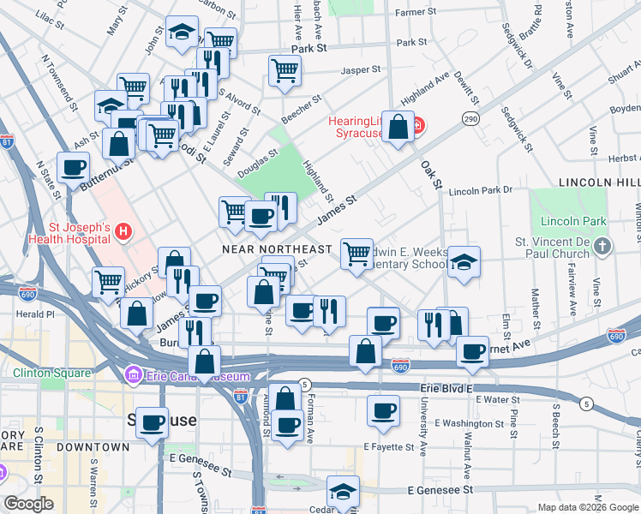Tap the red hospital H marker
124,231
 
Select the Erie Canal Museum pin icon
133,375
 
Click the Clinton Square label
51,373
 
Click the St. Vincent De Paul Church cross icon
603,247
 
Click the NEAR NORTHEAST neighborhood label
276,248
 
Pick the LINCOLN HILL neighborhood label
599,182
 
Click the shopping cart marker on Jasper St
285,72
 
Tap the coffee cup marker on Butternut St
74,168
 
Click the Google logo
29,504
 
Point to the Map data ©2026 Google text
587,507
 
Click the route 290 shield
470,118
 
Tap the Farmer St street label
416,13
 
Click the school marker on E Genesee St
343,492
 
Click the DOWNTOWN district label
94,446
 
